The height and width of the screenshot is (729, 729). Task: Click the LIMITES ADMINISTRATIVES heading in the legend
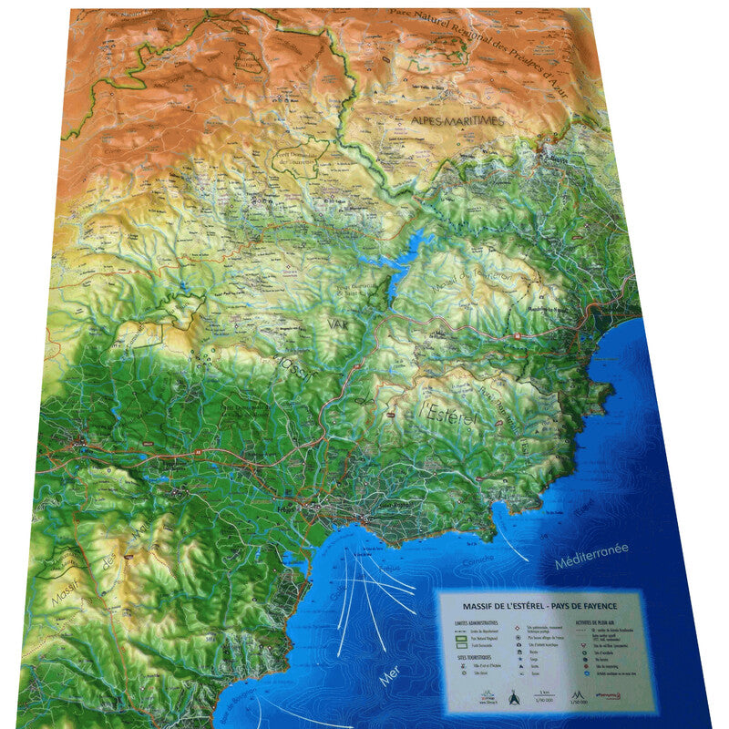475,622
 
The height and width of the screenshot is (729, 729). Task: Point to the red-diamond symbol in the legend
517,628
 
